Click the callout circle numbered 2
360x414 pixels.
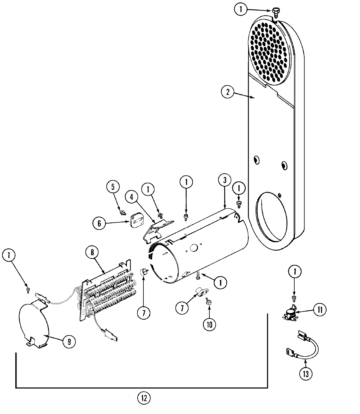coord(227,92)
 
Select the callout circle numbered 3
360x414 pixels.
coord(225,180)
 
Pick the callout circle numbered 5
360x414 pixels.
coord(113,187)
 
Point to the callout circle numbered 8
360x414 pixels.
coord(92,253)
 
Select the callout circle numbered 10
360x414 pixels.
coord(209,324)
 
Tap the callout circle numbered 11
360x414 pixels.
coord(320,309)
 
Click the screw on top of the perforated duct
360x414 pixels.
coord(275,12)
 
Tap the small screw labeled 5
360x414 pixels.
coord(122,213)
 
